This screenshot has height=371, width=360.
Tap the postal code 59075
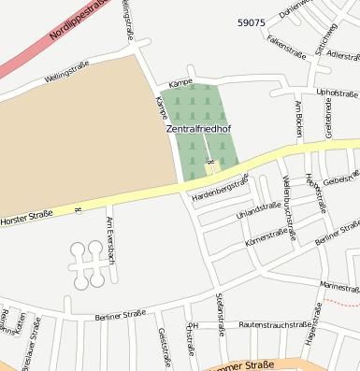pos(252,22)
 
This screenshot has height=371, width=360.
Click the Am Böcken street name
pos(298,119)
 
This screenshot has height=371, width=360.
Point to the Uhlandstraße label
pos(258,211)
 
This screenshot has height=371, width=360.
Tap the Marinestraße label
pos(338,287)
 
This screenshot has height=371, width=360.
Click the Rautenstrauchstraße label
pos(274,324)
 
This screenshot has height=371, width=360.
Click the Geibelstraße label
pos(341,178)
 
